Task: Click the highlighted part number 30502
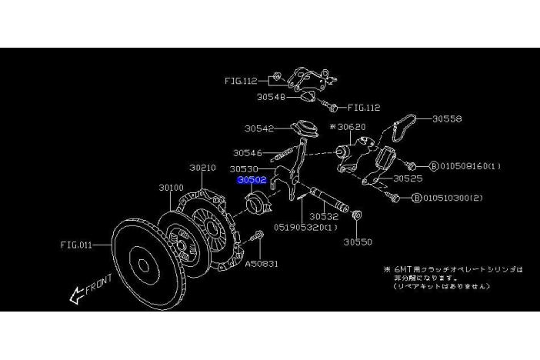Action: pos(251,182)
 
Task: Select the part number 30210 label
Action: pos(202,167)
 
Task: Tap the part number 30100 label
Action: pos(171,187)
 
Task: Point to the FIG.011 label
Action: pos(76,245)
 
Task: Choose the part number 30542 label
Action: pos(260,128)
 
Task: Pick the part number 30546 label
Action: pos(248,153)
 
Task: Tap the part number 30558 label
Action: pos(446,119)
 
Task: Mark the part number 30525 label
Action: pos(408,178)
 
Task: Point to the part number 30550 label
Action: pos(358,242)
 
